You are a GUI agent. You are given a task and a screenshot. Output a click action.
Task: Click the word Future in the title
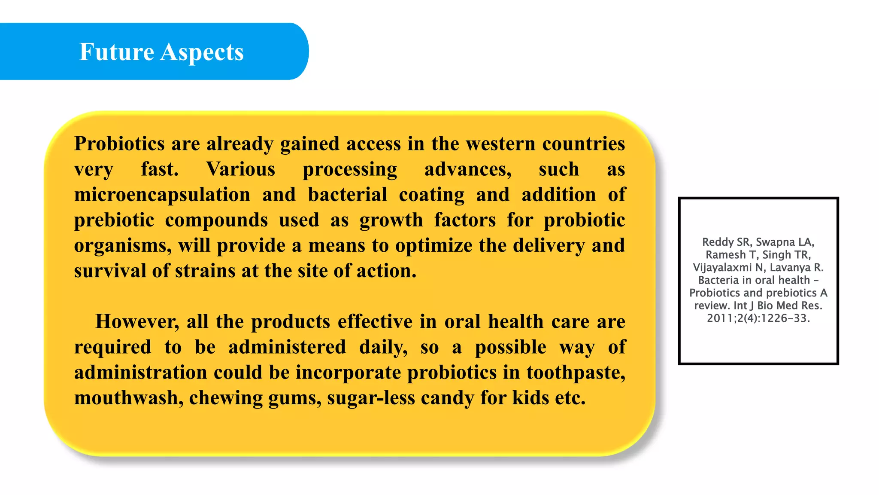point(116,52)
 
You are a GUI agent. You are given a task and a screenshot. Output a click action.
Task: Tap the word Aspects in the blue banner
point(202,53)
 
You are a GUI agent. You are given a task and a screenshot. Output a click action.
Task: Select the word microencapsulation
point(162,195)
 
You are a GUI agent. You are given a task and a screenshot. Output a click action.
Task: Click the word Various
point(240,169)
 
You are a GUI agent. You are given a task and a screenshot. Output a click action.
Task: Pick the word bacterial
point(348,195)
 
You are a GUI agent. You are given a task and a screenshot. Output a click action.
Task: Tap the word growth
point(391,220)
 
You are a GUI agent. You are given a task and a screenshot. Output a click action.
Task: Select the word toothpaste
point(576,373)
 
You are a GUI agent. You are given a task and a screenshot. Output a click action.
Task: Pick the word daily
point(383,347)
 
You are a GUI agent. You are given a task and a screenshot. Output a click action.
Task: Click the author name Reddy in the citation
point(718,242)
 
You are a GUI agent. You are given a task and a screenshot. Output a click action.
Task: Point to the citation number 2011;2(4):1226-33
point(758,318)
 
